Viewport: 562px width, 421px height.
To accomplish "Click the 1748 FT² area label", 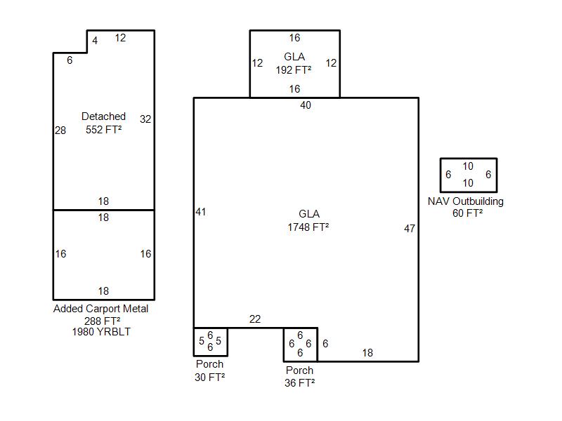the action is tap(308, 227).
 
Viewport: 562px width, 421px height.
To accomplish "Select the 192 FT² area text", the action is tap(294, 69).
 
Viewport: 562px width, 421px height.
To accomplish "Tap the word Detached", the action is tap(103, 116).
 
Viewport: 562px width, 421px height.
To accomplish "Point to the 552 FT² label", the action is tap(103, 129).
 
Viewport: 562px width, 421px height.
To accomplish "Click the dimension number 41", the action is tap(201, 212).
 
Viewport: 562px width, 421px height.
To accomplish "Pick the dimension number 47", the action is tap(410, 229).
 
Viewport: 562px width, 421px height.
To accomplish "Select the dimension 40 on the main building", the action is tap(306, 105).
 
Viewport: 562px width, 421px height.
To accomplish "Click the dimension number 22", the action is tap(255, 319).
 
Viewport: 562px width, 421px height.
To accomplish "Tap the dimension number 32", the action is tap(145, 119).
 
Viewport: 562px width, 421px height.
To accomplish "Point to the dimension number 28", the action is tap(60, 131).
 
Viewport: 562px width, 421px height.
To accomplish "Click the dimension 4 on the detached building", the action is tap(95, 41).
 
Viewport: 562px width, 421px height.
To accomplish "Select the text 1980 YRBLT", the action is tap(101, 332).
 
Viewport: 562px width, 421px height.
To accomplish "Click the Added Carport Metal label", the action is tap(100, 309).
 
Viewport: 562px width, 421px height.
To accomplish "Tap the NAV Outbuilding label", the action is tap(466, 201).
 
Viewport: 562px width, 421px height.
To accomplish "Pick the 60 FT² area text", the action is tap(467, 213).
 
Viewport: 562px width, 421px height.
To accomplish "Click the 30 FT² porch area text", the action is tap(209, 377).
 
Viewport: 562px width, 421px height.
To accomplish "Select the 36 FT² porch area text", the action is tap(300, 382).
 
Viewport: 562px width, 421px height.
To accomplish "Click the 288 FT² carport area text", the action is tap(102, 321).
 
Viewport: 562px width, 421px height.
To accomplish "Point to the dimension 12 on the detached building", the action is tap(120, 38).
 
